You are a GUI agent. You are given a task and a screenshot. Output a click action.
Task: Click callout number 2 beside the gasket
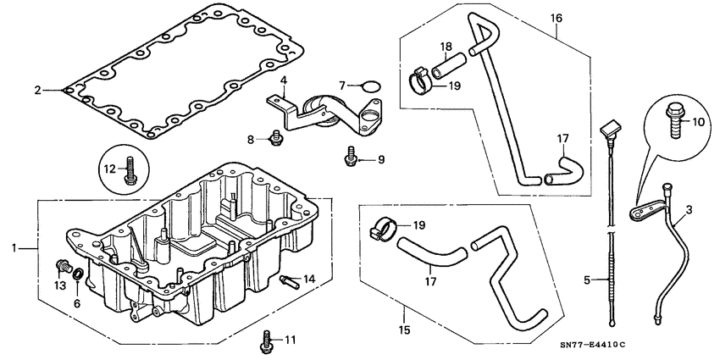(x=37, y=89)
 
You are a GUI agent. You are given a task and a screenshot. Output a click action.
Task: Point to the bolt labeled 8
(x=275, y=136)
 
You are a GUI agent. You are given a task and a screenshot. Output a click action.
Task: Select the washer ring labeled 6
(x=78, y=274)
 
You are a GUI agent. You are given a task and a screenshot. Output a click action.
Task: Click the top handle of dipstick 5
(x=606, y=130)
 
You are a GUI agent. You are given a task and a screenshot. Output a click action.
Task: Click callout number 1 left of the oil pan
(x=14, y=248)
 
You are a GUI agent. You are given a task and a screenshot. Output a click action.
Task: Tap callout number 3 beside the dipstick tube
(x=689, y=209)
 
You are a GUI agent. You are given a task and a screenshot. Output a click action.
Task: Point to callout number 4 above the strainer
(x=284, y=80)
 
